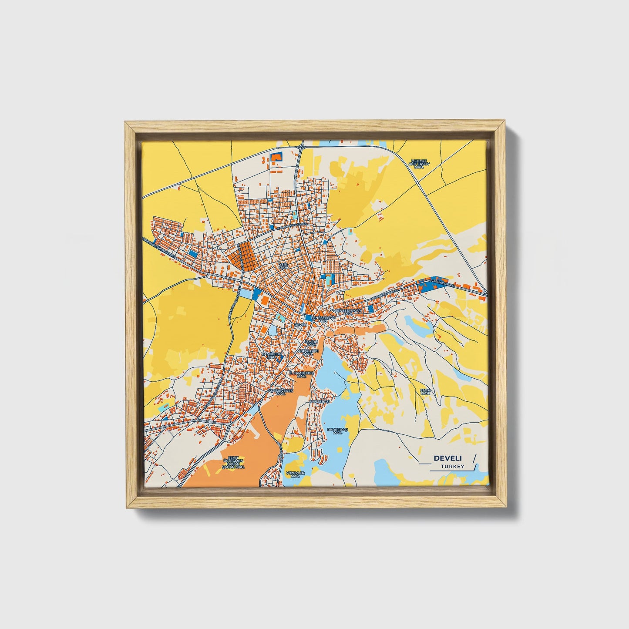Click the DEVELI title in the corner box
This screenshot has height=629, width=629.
(448, 458)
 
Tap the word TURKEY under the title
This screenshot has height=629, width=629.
(452, 466)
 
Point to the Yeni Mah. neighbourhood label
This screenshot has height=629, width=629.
(283, 266)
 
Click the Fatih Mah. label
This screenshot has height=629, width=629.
(425, 392)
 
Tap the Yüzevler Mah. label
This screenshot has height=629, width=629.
(296, 474)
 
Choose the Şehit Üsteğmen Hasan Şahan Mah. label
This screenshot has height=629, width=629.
(233, 463)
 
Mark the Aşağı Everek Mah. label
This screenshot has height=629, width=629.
(281, 392)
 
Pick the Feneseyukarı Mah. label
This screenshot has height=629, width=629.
(348, 312)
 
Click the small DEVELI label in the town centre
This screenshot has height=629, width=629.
(301, 324)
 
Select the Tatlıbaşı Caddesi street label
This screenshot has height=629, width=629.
(293, 225)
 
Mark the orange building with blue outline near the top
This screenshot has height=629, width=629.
(276, 157)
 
